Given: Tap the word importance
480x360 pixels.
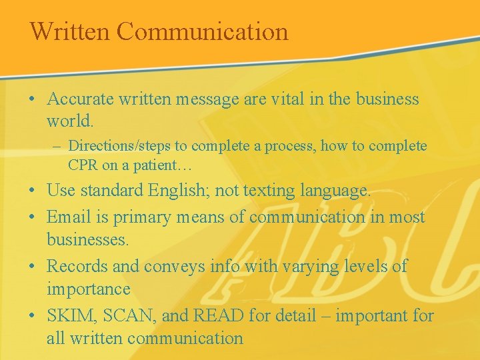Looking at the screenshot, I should [x=88, y=289].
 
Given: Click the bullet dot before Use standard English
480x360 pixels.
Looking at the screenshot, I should [x=33, y=191].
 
